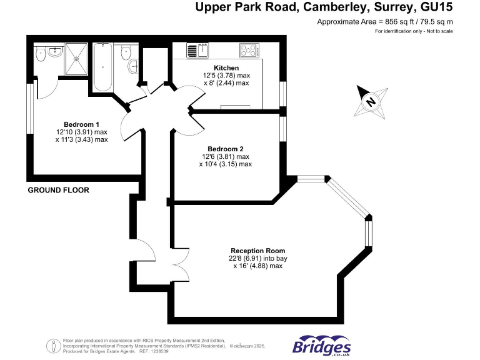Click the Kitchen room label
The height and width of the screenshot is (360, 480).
click(x=226, y=67)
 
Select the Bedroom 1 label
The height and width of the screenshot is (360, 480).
click(x=81, y=124)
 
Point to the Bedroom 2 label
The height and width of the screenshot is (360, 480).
click(x=225, y=149)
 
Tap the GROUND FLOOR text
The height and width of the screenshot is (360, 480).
click(x=59, y=190)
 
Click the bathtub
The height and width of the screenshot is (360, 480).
click(x=102, y=66)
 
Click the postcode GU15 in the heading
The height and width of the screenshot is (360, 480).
click(x=436, y=7)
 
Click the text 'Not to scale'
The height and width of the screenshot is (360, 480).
click(x=437, y=31)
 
